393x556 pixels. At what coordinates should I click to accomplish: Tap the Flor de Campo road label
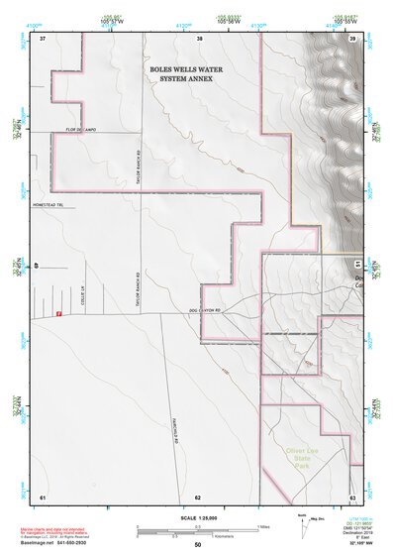coord(79,130)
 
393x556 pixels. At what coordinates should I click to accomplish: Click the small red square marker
coord(59,314)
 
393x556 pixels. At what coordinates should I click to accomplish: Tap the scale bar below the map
coord(198,532)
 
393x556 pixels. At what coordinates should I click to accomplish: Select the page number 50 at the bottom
coord(198,546)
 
